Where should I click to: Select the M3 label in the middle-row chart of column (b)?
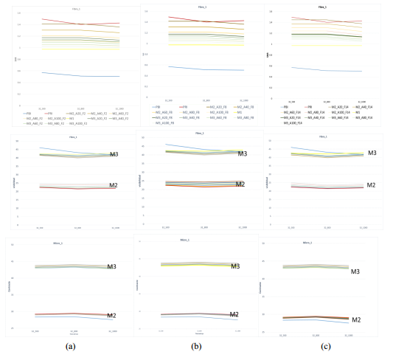click(241, 153)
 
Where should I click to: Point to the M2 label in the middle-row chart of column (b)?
click(241, 184)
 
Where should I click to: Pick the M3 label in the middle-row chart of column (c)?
click(372, 153)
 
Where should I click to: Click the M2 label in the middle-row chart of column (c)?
click(372, 185)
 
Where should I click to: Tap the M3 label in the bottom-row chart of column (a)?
click(113, 266)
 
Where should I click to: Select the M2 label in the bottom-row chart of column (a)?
click(112, 316)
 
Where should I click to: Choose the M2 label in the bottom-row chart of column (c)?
click(356, 319)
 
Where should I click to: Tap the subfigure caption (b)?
click(195, 345)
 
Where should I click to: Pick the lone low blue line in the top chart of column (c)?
click(324, 70)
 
